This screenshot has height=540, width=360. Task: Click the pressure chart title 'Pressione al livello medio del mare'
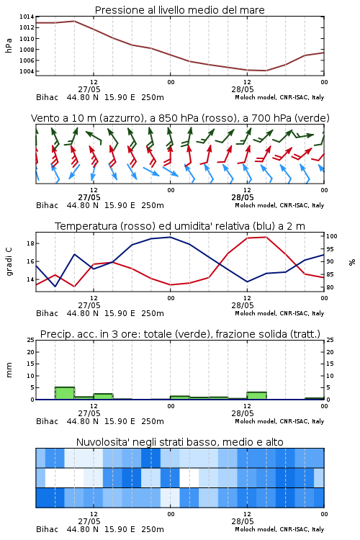pyautogui.click(x=179, y=10)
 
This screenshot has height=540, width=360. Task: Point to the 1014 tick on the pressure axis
pyautogui.click(x=27, y=17)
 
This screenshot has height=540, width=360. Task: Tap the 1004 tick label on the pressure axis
pyautogui.click(x=27, y=71)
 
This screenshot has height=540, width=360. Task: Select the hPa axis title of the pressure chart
pyautogui.click(x=9, y=45)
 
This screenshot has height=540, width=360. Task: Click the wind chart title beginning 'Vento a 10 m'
pyautogui.click(x=180, y=118)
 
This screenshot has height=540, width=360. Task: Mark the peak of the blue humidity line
pyautogui.click(x=170, y=237)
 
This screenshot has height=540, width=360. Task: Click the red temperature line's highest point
pyautogui.click(x=266, y=237)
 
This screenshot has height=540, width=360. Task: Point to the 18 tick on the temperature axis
pyautogui.click(x=30, y=243)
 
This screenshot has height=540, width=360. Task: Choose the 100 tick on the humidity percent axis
pyautogui.click(x=332, y=236)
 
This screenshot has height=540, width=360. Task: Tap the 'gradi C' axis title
pyautogui.click(x=9, y=261)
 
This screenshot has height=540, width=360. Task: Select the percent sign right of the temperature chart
pyautogui.click(x=352, y=262)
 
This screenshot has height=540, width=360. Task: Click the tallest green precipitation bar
pyautogui.click(x=65, y=393)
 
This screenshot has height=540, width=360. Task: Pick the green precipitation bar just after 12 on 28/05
pyautogui.click(x=256, y=396)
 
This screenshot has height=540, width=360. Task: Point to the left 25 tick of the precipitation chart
pyautogui.click(x=31, y=340)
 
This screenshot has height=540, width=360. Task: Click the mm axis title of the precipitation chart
pyautogui.click(x=9, y=370)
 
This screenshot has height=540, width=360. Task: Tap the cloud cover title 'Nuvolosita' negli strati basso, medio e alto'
pyautogui.click(x=179, y=442)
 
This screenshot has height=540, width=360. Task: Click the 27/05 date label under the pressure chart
pyautogui.click(x=89, y=89)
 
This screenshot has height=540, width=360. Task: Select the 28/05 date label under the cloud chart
pyautogui.click(x=243, y=521)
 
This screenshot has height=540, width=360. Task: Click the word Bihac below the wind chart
pyautogui.click(x=47, y=205)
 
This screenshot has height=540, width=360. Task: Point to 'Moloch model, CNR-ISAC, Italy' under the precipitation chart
pyautogui.click(x=279, y=421)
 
